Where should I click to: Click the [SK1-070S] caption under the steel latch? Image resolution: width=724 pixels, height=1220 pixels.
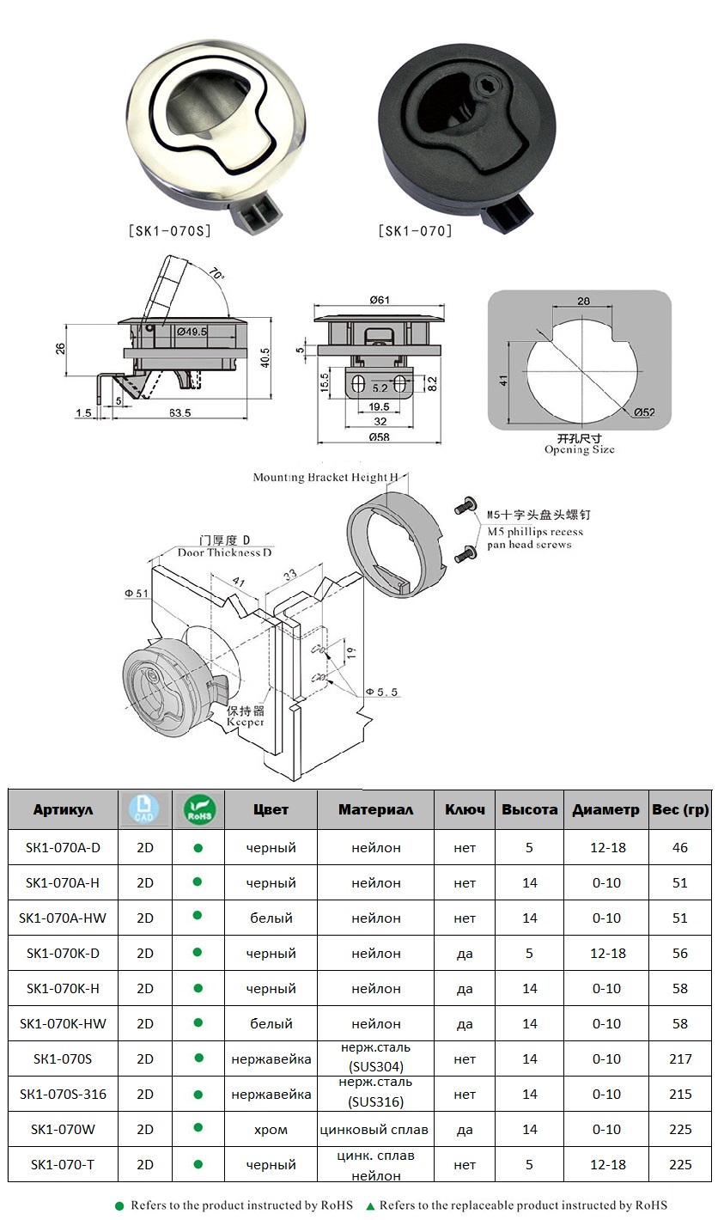click(x=168, y=230)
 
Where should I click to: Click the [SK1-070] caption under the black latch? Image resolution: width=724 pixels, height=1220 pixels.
click(x=415, y=230)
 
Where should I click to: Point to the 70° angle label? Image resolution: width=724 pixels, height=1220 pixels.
click(x=215, y=275)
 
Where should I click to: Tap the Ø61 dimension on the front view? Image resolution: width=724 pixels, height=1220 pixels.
click(x=380, y=299)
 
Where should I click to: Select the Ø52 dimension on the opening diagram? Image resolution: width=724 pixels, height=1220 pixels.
click(x=644, y=412)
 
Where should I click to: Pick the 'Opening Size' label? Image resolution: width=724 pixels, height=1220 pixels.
click(x=579, y=449)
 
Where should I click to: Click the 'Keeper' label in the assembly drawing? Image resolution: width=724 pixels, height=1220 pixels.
click(x=245, y=723)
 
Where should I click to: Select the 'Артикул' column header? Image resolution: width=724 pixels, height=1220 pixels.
click(x=63, y=809)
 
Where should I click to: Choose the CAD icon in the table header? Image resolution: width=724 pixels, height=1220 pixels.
click(x=144, y=809)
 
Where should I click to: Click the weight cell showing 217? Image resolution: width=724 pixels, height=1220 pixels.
click(x=680, y=1059)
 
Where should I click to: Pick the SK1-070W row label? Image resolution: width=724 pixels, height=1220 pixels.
click(x=63, y=1129)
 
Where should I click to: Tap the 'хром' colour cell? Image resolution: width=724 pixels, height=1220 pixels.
click(x=271, y=1129)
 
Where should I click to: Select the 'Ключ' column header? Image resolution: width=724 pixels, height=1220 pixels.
click(x=465, y=809)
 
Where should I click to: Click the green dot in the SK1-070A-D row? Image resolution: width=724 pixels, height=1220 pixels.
click(x=198, y=847)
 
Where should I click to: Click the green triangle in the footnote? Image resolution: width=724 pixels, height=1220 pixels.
click(x=370, y=1206)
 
